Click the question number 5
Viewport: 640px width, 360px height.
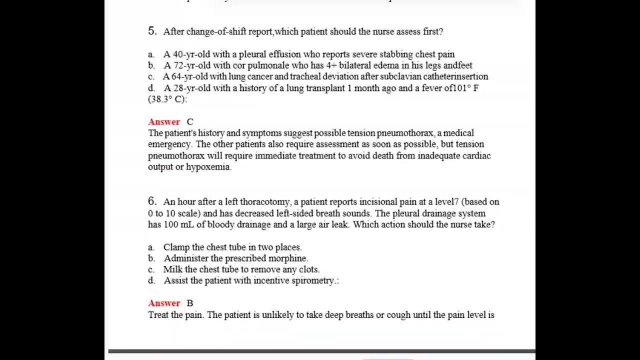[x=152, y=31]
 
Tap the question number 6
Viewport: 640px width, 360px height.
[x=152, y=201]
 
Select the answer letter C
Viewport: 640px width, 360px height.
[x=190, y=121]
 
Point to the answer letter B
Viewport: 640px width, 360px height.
[x=190, y=303]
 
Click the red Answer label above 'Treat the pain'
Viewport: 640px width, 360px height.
[x=164, y=303]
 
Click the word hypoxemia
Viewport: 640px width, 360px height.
[x=208, y=167]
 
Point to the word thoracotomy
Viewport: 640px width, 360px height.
[x=264, y=201]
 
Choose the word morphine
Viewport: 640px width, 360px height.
[x=290, y=258]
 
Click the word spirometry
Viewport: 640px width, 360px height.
[x=313, y=280]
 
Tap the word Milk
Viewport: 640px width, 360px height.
[x=173, y=269]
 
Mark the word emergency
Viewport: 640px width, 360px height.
[x=169, y=144]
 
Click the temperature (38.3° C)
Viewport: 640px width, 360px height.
[x=166, y=99]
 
